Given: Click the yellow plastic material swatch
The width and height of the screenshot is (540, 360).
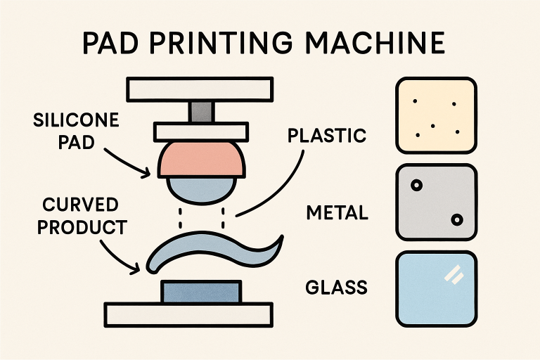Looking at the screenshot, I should tap(436, 115).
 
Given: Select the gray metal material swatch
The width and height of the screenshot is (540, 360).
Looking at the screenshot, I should tap(436, 201).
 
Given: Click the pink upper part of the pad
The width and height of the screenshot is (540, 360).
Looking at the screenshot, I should tap(200, 160).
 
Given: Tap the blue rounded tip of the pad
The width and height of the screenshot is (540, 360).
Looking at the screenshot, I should tap(200, 188).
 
